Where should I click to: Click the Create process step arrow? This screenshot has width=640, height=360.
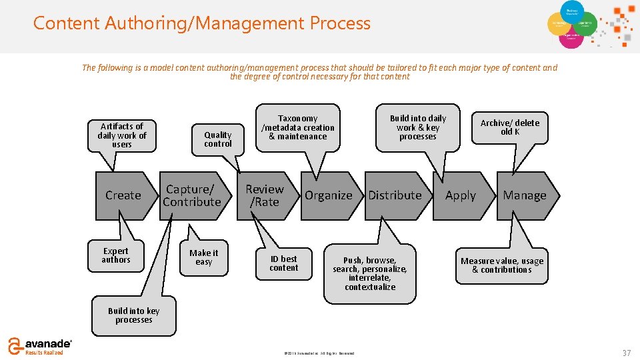(x=123, y=195)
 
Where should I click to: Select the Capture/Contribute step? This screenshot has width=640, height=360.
(x=192, y=195)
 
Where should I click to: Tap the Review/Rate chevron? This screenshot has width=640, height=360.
(x=265, y=195)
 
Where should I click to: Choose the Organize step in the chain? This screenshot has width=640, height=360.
(x=328, y=195)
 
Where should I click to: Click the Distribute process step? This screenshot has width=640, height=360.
(x=395, y=195)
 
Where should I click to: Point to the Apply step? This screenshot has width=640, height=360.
(x=461, y=195)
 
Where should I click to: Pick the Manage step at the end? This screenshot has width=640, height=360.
(x=525, y=195)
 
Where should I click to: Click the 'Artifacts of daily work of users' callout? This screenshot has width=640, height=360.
(x=121, y=135)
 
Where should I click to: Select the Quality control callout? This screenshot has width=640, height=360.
(x=218, y=139)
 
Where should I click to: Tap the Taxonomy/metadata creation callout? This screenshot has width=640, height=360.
(x=298, y=127)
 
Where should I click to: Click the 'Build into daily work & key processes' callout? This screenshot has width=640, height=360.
(x=417, y=127)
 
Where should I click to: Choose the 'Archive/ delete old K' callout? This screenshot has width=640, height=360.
(x=510, y=127)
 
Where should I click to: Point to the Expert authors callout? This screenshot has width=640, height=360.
(x=116, y=255)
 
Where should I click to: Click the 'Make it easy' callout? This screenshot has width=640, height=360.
(x=203, y=257)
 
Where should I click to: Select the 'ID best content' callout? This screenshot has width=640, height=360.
(x=283, y=263)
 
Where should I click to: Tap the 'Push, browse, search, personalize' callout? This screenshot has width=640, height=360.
(x=370, y=273)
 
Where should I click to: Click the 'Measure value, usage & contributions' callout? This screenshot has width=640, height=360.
(x=502, y=265)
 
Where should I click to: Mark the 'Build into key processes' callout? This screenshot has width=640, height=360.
(x=134, y=315)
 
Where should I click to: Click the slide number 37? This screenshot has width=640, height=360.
(x=626, y=352)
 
